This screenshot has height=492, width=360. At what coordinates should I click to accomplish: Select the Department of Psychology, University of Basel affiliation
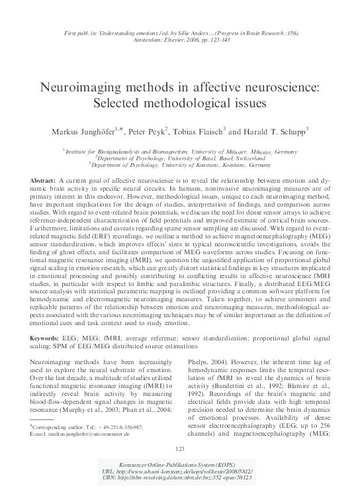[180, 158]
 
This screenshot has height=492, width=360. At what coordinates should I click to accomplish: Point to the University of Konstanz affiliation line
[180, 166]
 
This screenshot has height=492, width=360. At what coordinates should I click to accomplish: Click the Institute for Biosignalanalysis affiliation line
[180, 152]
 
